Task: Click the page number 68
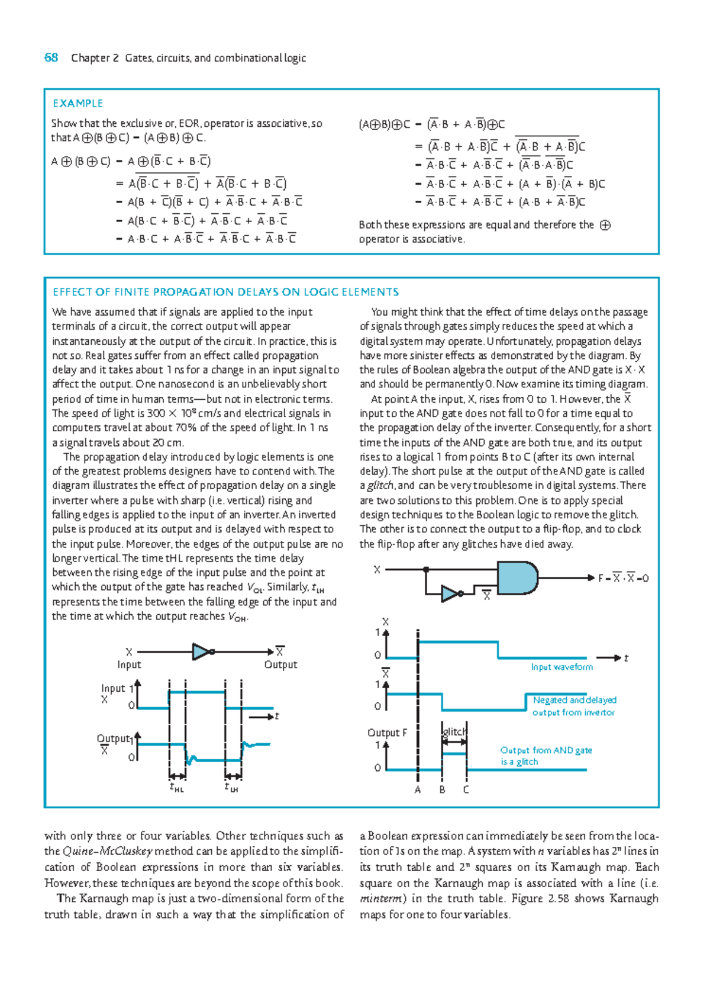[51, 57]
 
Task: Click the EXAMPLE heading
[78, 103]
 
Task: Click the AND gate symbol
[517, 578]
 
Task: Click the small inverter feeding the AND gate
[451, 593]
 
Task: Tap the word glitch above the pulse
[454, 731]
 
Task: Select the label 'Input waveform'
[561, 667]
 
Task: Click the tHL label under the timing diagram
[176, 788]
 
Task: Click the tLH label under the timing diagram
[231, 788]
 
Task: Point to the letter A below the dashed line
[418, 789]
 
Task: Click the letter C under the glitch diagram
[466, 789]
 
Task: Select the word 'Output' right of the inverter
[280, 665]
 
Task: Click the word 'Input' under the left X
[129, 665]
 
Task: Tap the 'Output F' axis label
[387, 733]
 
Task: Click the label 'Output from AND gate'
[546, 750]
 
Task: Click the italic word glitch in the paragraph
[379, 486]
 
